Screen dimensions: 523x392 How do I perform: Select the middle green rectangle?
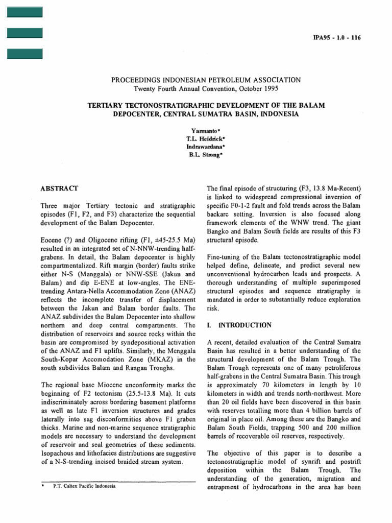point(24,33)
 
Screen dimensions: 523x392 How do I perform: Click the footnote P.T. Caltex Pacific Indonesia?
point(84,486)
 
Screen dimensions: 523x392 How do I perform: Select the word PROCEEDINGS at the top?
point(134,80)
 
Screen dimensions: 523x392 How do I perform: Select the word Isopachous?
point(58,453)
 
